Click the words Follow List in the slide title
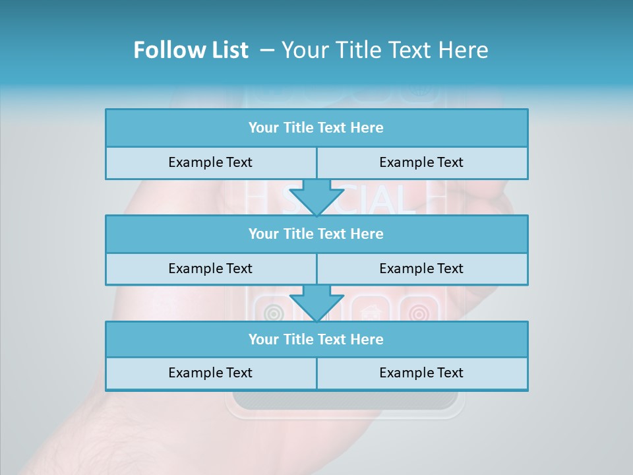191,50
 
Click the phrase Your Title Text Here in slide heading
385,50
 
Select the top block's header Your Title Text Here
316,128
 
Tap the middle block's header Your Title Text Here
316,234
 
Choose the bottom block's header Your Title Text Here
316,339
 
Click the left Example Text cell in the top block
210,162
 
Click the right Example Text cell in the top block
421,162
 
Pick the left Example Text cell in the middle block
210,269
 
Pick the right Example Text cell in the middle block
421,269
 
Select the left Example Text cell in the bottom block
210,373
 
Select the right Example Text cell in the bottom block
421,373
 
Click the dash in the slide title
267,50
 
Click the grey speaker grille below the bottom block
345,400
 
